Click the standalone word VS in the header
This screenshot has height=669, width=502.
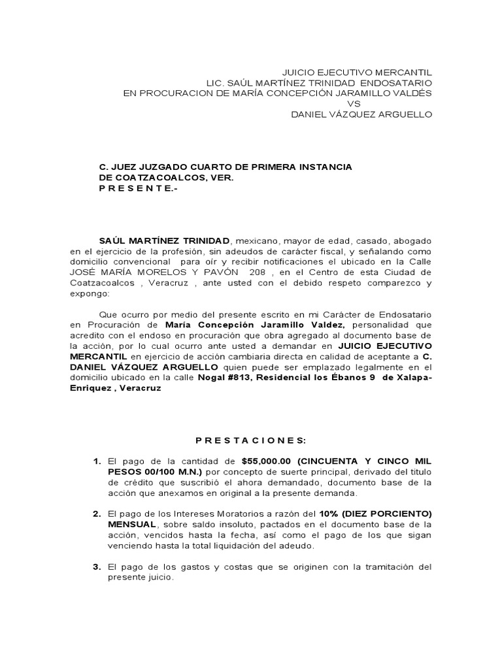click(354, 103)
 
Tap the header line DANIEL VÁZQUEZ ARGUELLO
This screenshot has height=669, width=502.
click(361, 114)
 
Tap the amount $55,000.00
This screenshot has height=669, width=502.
click(265, 461)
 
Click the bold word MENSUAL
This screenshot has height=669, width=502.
click(132, 525)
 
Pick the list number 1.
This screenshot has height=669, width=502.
click(97, 461)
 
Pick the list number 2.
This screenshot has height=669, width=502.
click(97, 514)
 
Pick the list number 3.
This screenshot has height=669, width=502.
click(97, 567)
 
